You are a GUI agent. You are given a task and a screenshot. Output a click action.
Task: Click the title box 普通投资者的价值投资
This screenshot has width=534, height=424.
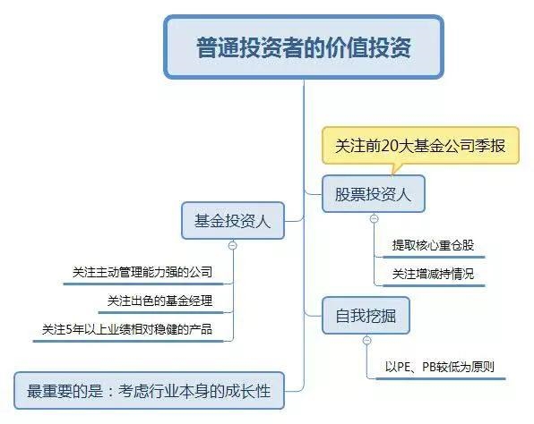pos(304,47)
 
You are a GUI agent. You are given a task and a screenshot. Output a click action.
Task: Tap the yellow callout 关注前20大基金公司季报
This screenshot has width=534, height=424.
pos(420,146)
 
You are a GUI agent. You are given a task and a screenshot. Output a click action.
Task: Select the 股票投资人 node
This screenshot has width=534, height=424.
pos(374,194)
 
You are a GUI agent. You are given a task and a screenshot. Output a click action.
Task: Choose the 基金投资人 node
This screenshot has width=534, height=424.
pos(233,221)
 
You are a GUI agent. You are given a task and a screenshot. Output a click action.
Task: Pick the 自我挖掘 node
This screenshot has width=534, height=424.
pos(366,316)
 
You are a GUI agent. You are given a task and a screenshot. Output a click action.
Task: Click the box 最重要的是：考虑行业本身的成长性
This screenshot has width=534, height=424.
pos(149,391)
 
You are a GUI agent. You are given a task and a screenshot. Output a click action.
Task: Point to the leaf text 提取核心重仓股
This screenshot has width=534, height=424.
pos(433,245)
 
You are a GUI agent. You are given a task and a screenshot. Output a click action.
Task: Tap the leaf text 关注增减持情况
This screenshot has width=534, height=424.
pos(433,274)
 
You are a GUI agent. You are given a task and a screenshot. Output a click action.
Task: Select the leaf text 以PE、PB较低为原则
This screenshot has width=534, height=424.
pos(439,367)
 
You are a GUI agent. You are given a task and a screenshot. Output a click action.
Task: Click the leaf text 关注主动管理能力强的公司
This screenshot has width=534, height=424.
pos(142,272)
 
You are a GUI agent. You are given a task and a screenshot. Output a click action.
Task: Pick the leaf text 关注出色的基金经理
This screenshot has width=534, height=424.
pos(159,301)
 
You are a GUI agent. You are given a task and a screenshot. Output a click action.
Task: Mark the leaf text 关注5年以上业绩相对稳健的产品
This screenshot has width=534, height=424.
pos(127,329)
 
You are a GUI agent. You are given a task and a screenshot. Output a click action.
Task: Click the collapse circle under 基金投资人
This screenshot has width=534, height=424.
pos(233,245)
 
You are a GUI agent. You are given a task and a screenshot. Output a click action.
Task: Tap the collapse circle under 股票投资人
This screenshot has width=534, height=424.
pos(374,218)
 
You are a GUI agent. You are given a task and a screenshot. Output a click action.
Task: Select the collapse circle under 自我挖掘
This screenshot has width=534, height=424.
pos(366,340)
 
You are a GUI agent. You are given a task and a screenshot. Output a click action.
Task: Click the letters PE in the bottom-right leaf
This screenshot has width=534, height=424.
pos(403,367)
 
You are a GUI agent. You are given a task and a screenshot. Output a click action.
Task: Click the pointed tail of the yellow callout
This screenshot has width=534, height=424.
pos(393,174)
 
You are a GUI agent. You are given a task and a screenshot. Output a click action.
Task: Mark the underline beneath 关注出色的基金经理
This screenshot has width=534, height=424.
pos(160,312)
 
